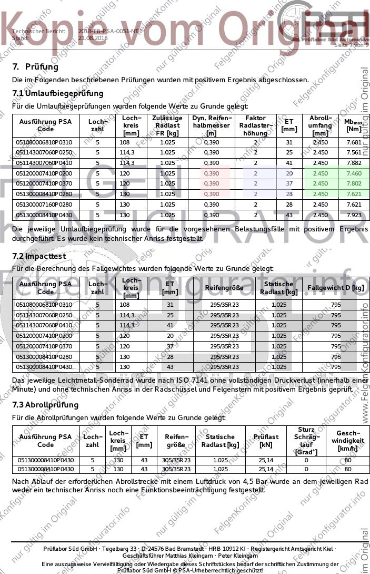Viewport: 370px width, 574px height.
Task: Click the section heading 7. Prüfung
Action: pos(35,67)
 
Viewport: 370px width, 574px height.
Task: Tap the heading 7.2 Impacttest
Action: pos(39,256)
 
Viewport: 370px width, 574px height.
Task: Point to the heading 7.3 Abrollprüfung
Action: pos(45,405)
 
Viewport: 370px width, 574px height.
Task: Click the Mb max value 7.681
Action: pos(354,142)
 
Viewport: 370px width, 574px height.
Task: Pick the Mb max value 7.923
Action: pos(354,215)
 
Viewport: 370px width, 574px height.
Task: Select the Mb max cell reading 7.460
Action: pos(354,173)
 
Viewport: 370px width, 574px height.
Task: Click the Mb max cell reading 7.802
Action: pos(354,183)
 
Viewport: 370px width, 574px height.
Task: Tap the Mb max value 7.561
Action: pos(354,153)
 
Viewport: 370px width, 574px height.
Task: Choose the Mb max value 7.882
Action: pos(354,163)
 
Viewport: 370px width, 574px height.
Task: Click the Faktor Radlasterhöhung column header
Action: pos(256,125)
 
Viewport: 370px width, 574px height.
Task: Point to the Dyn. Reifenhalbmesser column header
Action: pos(211,125)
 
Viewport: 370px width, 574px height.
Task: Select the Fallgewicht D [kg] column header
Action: pos(336,288)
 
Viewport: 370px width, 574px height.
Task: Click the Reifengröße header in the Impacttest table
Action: pos(224,288)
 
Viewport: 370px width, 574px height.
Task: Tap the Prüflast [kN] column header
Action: pos(266,441)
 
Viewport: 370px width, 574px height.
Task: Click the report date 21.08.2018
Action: pos(93,38)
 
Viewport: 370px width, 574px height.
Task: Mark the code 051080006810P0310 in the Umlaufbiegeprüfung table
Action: pos(44,142)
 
